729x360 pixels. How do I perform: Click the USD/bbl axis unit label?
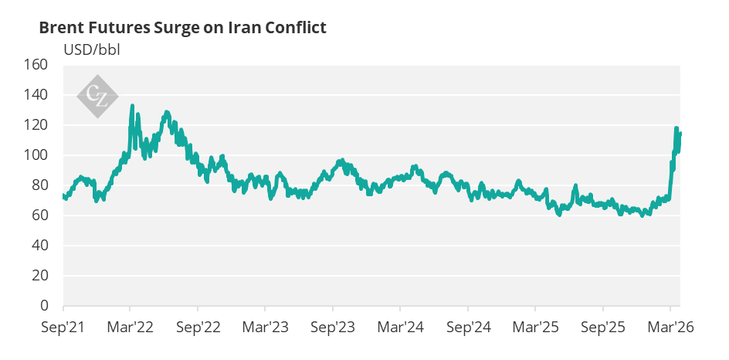92,49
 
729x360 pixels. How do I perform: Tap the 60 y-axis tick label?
40,216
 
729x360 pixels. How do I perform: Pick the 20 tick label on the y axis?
40,275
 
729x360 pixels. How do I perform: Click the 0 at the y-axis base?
44,306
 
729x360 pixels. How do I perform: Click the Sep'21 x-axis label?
63,328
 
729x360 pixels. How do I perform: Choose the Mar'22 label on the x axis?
131,328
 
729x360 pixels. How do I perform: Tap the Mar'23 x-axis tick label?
265,328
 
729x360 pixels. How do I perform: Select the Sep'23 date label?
333,328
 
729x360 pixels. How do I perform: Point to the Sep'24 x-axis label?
468,328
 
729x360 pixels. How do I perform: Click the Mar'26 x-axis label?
670,328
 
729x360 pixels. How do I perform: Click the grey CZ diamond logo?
97,97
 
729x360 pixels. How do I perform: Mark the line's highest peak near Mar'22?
132,106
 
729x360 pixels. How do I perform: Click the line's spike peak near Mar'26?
676,128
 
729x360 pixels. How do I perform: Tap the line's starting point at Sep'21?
63,195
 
